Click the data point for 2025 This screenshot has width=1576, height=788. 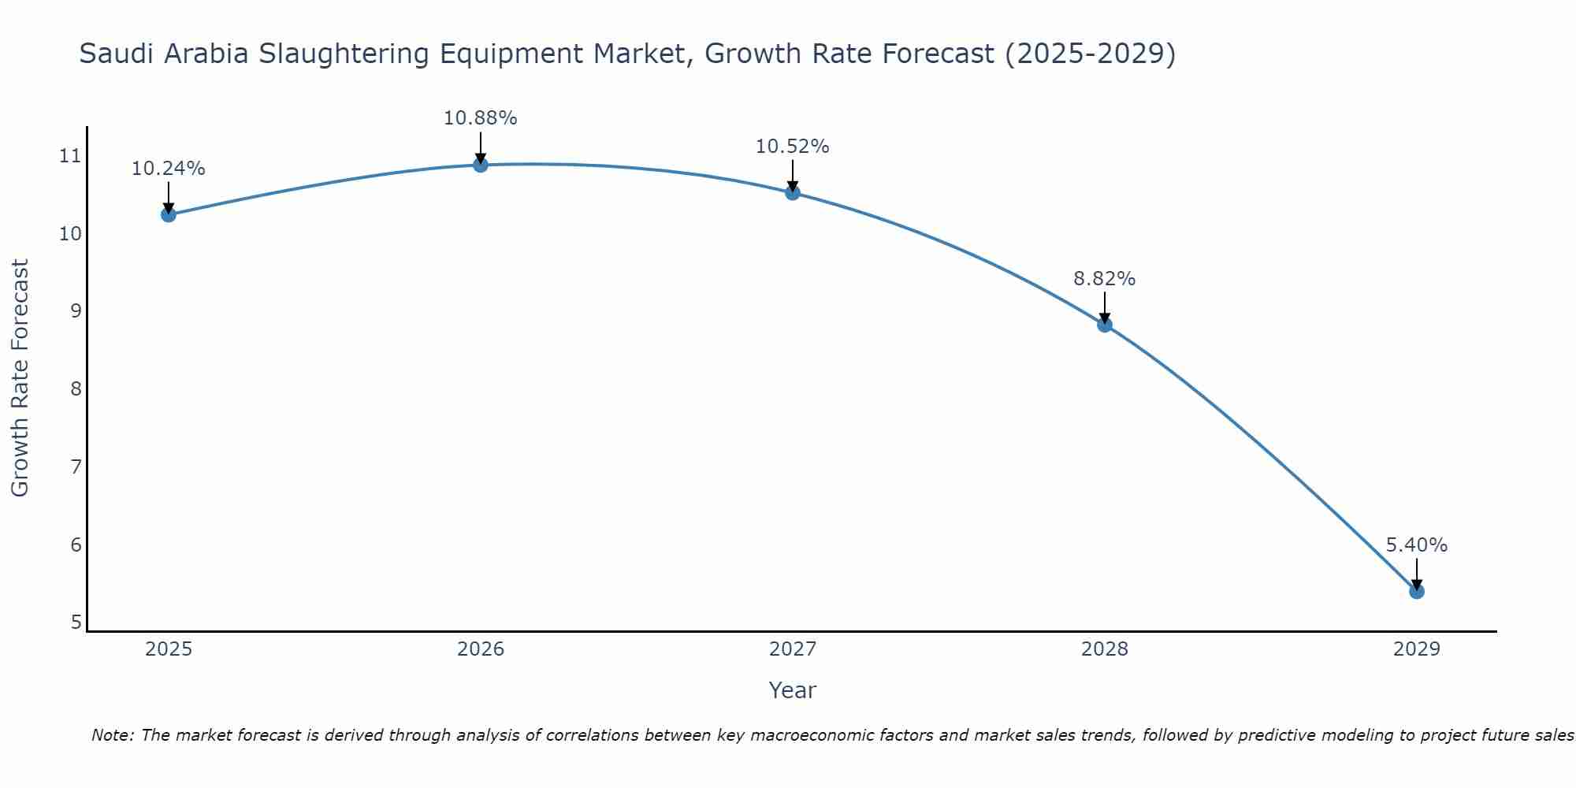point(168,214)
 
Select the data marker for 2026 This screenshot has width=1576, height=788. point(480,164)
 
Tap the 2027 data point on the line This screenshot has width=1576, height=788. point(793,192)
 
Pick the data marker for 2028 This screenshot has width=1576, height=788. point(1105,325)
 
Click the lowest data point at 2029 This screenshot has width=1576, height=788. point(1416,591)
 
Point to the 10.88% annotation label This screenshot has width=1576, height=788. point(480,118)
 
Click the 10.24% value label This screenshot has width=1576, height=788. point(168,169)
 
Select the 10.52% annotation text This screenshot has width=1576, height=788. point(792,147)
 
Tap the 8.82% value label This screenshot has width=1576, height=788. point(1104,279)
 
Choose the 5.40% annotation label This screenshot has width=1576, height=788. point(1416,545)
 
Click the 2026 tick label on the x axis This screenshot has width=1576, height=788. point(481,649)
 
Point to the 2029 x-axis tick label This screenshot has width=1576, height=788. point(1416,649)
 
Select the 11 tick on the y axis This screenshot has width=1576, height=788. point(70,156)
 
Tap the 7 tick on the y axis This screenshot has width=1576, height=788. point(76,467)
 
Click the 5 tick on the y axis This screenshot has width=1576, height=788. point(76,623)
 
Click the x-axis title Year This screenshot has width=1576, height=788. point(792,690)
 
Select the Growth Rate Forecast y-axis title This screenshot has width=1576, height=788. point(20,378)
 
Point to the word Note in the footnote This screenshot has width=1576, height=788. point(113,735)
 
